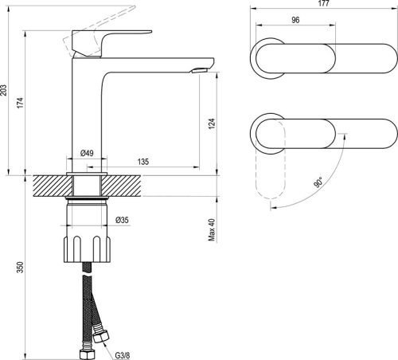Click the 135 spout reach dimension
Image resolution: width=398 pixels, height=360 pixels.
point(143,162)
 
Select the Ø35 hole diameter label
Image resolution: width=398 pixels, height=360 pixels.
point(123,219)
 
